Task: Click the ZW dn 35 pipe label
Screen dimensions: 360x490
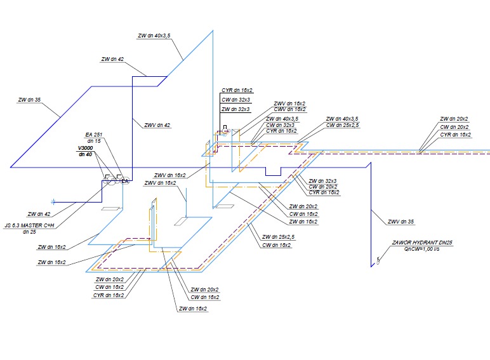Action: point(30,100)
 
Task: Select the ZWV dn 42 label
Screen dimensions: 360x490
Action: point(157,125)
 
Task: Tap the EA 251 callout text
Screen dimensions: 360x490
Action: point(94,135)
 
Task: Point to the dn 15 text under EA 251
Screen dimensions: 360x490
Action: point(94,141)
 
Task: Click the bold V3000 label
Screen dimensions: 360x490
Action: point(84,148)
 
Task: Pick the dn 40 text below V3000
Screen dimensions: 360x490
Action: point(84,154)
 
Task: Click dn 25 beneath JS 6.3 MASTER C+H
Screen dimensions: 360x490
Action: point(29,232)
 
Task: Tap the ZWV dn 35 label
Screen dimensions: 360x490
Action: point(401,222)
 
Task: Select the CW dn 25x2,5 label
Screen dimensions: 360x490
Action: point(342,126)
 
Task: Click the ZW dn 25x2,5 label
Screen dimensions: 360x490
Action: point(277,238)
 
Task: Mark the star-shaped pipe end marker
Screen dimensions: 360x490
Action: point(54,203)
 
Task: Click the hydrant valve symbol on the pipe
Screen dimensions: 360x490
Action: point(378,260)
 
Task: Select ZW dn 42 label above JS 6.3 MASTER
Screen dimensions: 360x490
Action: point(39,214)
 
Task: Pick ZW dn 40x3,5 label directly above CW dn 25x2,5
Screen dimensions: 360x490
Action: point(342,119)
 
